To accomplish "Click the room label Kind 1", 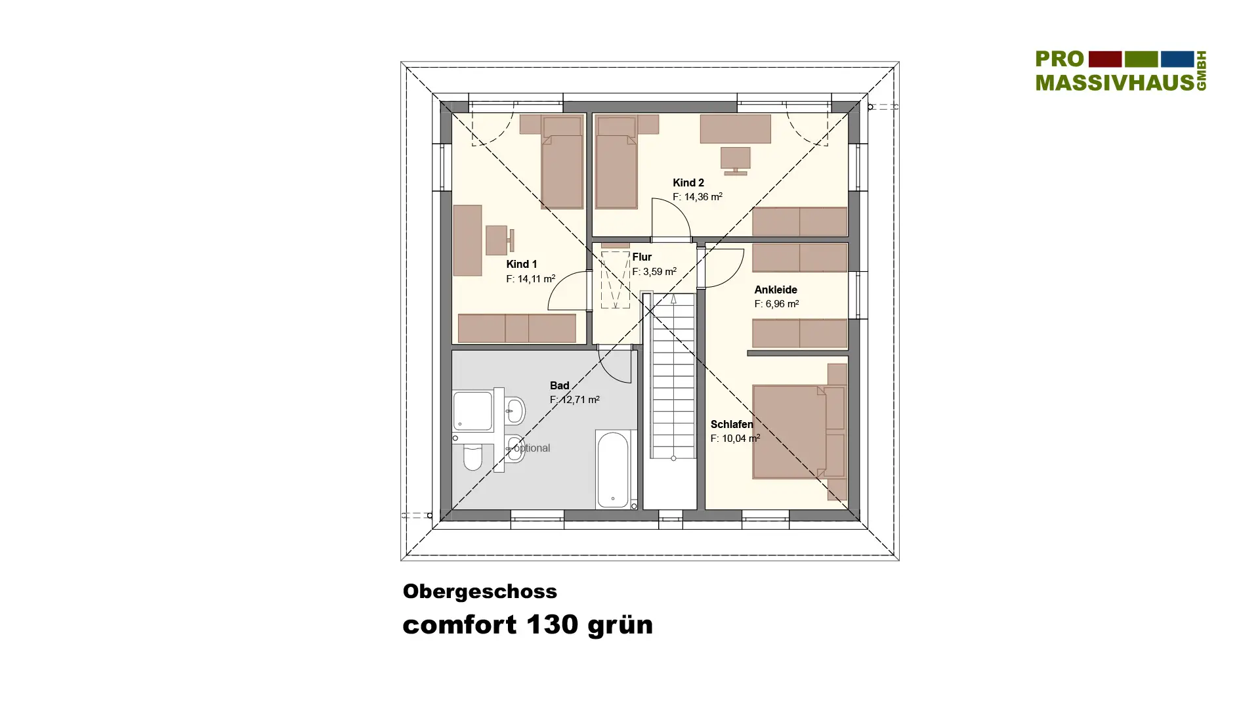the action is [x=521, y=264].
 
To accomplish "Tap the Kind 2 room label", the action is [x=688, y=183].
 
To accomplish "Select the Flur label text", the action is [x=642, y=257].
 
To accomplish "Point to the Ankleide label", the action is [x=776, y=290].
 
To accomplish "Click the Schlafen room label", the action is [x=732, y=424].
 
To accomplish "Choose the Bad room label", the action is [x=559, y=385].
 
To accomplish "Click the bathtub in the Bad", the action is [x=614, y=469].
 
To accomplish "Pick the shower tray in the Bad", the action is [x=472, y=412].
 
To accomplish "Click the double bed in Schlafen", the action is [x=799, y=431].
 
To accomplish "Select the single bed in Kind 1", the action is [x=562, y=162].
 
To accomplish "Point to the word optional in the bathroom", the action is [x=532, y=448].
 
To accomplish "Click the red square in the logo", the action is [x=1105, y=59].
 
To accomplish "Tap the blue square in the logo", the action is [x=1177, y=59].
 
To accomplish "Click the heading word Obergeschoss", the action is [x=480, y=591].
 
